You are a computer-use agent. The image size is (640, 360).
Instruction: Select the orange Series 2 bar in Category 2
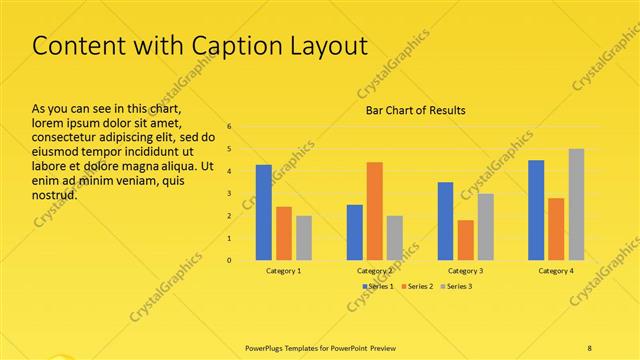[x=374, y=211]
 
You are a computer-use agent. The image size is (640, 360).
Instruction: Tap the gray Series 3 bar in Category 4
[x=576, y=205]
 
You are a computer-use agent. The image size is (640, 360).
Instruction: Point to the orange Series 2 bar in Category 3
[x=465, y=240]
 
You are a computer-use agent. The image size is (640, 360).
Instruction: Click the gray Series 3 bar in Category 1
[x=304, y=238]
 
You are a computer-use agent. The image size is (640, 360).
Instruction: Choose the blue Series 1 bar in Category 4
[x=536, y=210]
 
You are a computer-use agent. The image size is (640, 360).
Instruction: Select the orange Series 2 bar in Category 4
[x=556, y=229]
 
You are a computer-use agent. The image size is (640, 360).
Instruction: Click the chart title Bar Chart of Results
[x=415, y=110]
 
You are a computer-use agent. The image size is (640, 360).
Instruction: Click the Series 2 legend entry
[x=416, y=287]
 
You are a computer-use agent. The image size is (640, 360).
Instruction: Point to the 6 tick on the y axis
[x=229, y=127]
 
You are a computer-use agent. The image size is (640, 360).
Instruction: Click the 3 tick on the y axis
[x=229, y=194]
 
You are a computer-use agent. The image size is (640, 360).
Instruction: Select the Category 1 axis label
[x=284, y=271]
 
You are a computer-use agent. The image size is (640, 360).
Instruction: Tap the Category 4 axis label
[x=556, y=271]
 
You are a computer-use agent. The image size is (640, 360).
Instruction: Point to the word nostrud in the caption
[x=55, y=194]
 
